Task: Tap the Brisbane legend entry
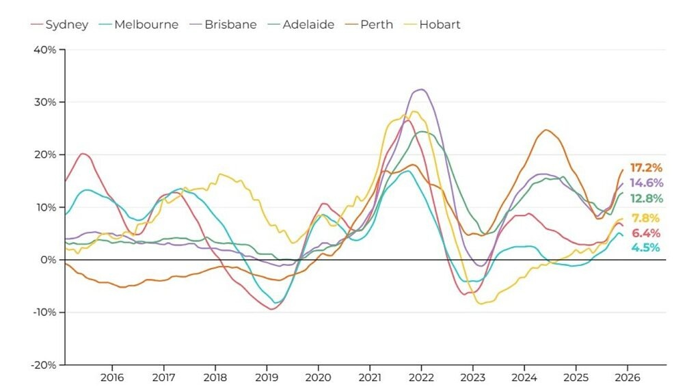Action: coord(224,25)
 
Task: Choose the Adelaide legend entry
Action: coord(301,25)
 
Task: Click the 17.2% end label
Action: coord(646,168)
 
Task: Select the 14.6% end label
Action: coord(646,183)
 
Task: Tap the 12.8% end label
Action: coord(646,199)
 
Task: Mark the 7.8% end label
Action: coord(646,219)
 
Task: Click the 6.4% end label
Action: coord(646,233)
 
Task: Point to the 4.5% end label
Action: coord(646,247)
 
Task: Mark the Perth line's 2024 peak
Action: coord(546,130)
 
